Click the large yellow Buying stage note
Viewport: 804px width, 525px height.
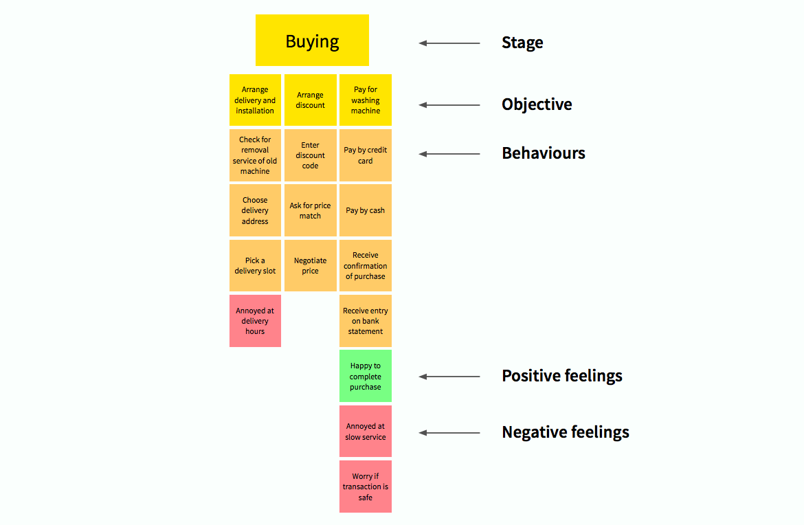(312, 41)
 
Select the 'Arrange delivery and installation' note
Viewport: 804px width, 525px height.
(255, 100)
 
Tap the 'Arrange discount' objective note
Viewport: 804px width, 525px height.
(310, 100)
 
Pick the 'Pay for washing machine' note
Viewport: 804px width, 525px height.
(366, 100)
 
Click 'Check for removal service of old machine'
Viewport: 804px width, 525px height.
(255, 155)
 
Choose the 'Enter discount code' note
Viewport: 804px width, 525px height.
(310, 155)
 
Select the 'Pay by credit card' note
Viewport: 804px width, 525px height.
(366, 155)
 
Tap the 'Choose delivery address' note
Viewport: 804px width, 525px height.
(255, 210)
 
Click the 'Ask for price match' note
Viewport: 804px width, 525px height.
(310, 210)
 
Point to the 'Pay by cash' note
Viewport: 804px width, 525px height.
(366, 210)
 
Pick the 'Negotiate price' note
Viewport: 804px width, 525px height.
(310, 265)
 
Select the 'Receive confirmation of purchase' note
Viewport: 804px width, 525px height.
(366, 265)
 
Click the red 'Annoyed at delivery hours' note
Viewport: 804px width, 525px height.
(255, 321)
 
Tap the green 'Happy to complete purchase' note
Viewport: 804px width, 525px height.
(366, 377)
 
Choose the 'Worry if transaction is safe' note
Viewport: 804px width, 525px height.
(366, 487)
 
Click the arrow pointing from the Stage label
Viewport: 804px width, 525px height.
(449, 43)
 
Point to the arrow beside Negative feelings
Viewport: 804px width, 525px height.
(449, 433)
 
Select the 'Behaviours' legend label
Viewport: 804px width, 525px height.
(544, 153)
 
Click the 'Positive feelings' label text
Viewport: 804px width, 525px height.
(562, 376)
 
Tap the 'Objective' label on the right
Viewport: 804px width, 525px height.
(537, 104)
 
